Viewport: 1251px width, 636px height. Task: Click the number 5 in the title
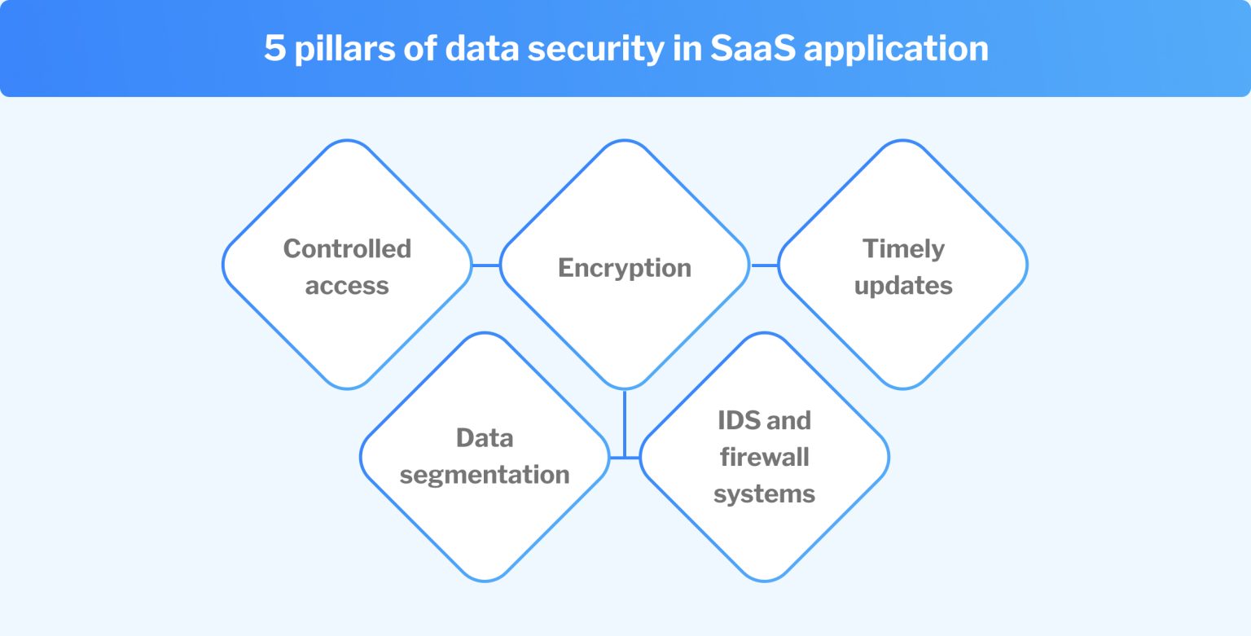point(274,49)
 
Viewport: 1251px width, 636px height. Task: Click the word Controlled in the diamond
point(347,248)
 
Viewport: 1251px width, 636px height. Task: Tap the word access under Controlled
point(347,286)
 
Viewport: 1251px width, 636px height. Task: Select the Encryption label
point(624,268)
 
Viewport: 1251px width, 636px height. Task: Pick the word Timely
point(903,248)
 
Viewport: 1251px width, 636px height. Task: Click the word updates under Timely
point(903,286)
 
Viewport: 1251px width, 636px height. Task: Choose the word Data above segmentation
point(485,438)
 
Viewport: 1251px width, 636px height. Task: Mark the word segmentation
point(485,475)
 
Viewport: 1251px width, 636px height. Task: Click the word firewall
point(764,457)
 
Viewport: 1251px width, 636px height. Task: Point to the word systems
point(764,493)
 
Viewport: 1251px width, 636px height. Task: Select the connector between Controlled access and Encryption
point(486,265)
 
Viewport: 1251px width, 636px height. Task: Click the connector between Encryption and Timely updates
point(764,265)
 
